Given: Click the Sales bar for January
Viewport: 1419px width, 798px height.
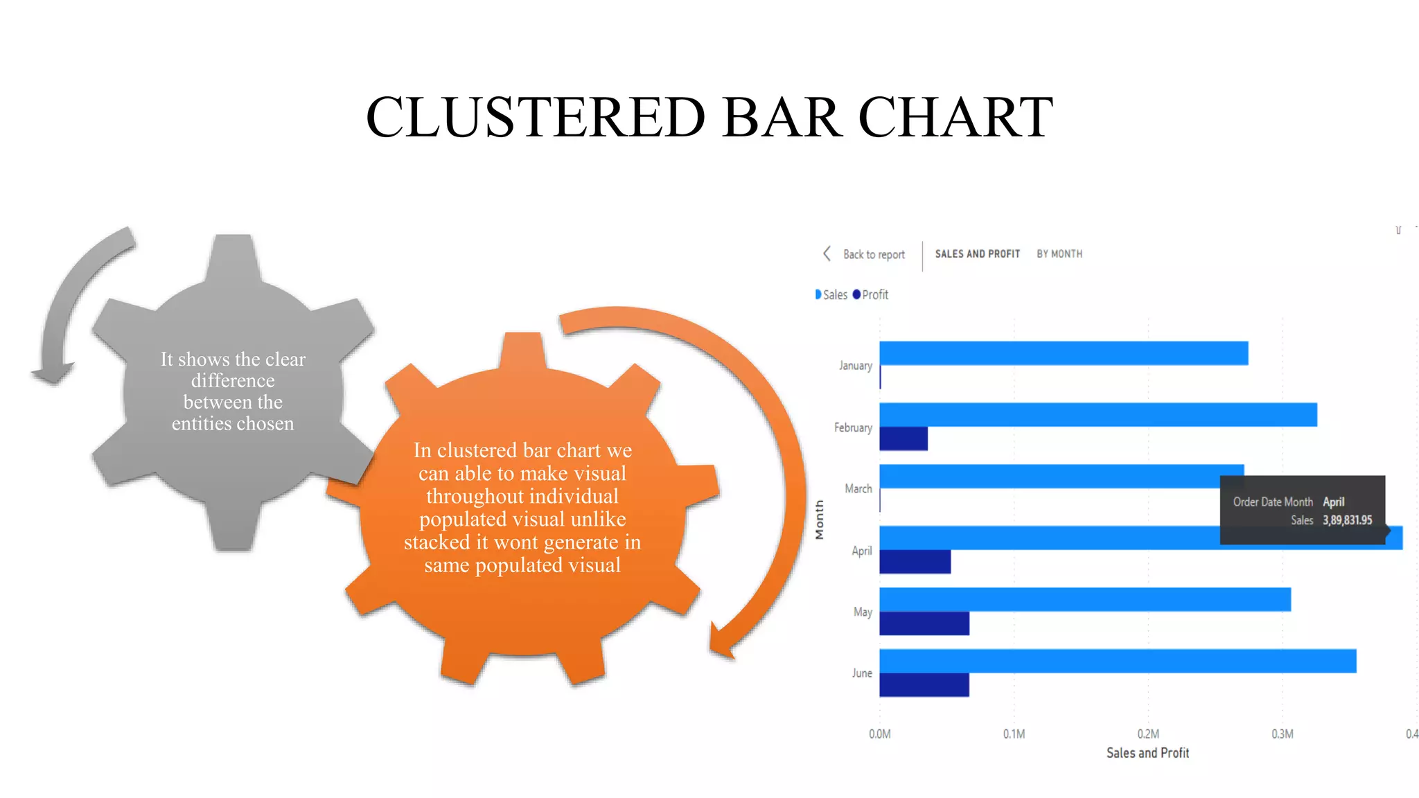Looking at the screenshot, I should pos(1064,353).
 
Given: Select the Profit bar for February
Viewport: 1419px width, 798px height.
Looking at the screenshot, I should pos(904,439).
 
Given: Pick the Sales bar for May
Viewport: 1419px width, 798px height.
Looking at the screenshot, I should pos(1084,599).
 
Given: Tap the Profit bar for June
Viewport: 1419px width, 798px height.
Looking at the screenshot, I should pos(924,685).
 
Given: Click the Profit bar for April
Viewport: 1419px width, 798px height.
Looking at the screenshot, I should pos(915,562).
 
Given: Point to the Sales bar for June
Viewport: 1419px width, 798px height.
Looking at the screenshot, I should pos(1117,661).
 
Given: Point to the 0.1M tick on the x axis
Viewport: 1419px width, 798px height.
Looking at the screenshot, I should pos(1014,734).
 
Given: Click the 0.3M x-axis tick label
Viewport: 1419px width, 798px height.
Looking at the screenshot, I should pos(1282,734).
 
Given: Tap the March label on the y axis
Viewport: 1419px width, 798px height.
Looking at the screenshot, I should pos(858,489).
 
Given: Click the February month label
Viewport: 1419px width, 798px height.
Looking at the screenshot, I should pos(853,428).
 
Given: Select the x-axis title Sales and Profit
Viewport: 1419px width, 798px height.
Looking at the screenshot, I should pos(1147,753).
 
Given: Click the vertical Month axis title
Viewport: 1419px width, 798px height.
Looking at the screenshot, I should pos(820,520).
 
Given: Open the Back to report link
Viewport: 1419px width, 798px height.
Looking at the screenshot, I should pos(873,255).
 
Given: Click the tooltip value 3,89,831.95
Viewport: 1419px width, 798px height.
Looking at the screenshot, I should pos(1347,520).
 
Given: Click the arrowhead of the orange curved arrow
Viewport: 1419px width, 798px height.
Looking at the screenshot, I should pos(722,641).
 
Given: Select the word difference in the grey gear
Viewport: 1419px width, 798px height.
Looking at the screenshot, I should pos(233,381).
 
